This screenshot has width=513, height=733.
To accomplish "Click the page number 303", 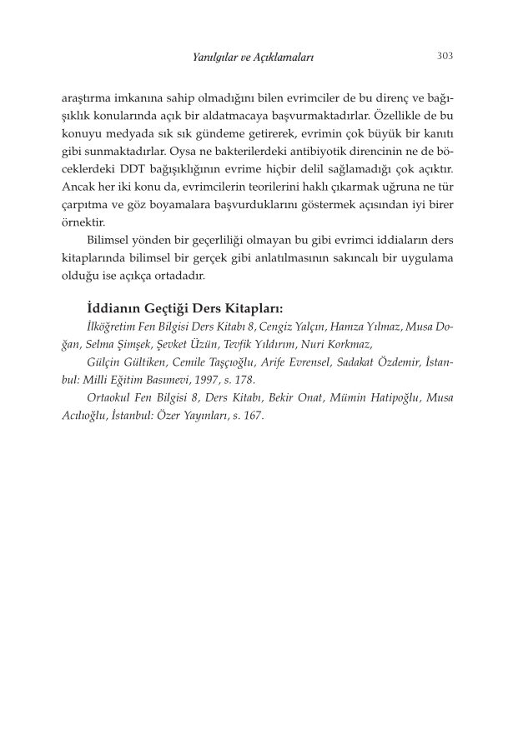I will click(x=445, y=56).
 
